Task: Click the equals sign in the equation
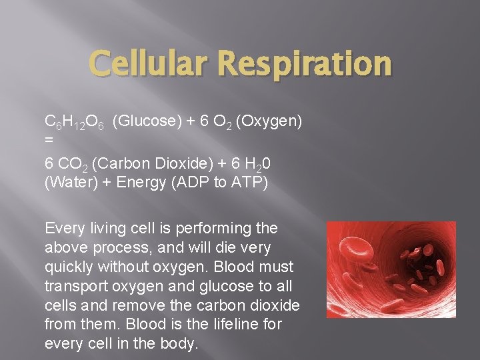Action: pyautogui.click(x=49, y=142)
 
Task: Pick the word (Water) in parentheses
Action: pyautogui.click(x=71, y=183)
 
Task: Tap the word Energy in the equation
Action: pyautogui.click(x=141, y=183)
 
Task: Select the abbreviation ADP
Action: pyautogui.click(x=193, y=183)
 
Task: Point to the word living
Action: pyautogui.click(x=99, y=229)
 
